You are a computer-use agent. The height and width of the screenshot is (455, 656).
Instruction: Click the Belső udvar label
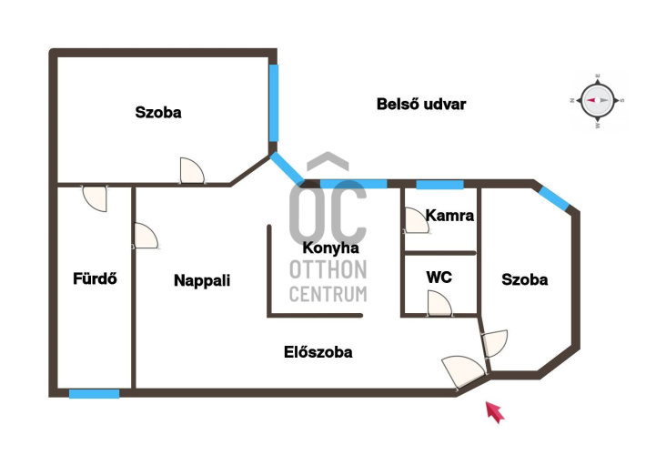point(421,104)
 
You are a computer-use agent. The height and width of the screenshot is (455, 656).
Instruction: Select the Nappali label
point(202,280)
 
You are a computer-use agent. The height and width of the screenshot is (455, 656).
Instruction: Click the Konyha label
point(330,248)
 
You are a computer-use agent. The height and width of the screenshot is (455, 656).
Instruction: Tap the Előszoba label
point(318,351)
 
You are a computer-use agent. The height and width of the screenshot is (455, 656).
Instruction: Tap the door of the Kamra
point(417,223)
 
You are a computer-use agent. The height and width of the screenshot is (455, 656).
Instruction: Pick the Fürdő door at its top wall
point(95,198)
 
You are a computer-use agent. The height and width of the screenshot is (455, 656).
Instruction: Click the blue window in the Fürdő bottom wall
point(95,393)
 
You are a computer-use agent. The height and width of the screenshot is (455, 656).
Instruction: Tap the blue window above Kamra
point(439,185)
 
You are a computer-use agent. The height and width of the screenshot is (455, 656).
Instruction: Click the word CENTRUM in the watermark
point(328,293)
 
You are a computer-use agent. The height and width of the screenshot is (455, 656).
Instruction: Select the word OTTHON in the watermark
point(328,269)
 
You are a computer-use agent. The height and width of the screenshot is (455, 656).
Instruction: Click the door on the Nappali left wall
point(146,237)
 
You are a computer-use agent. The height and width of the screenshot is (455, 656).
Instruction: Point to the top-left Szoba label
point(158,113)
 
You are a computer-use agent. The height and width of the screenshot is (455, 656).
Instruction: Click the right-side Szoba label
point(525,279)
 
